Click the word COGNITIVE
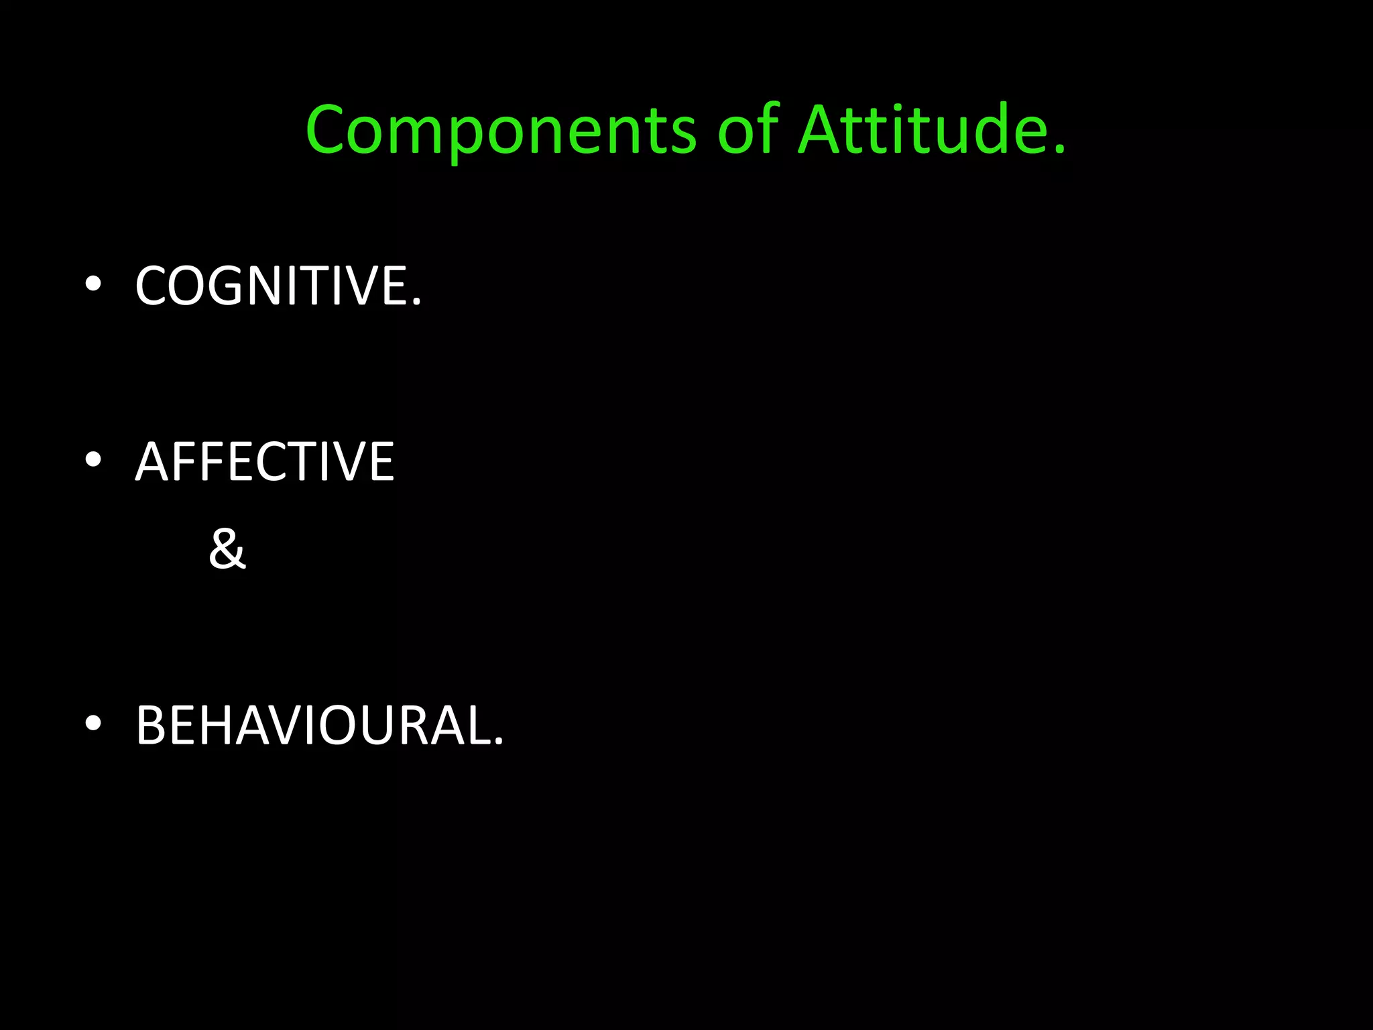[x=271, y=286]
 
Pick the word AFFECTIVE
[x=265, y=462]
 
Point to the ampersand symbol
[x=227, y=549]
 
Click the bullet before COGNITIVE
[x=93, y=284]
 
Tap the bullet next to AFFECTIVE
[x=93, y=460]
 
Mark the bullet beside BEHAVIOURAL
[x=93, y=724]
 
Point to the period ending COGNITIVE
[x=417, y=304]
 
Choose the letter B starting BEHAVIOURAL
[x=151, y=726]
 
